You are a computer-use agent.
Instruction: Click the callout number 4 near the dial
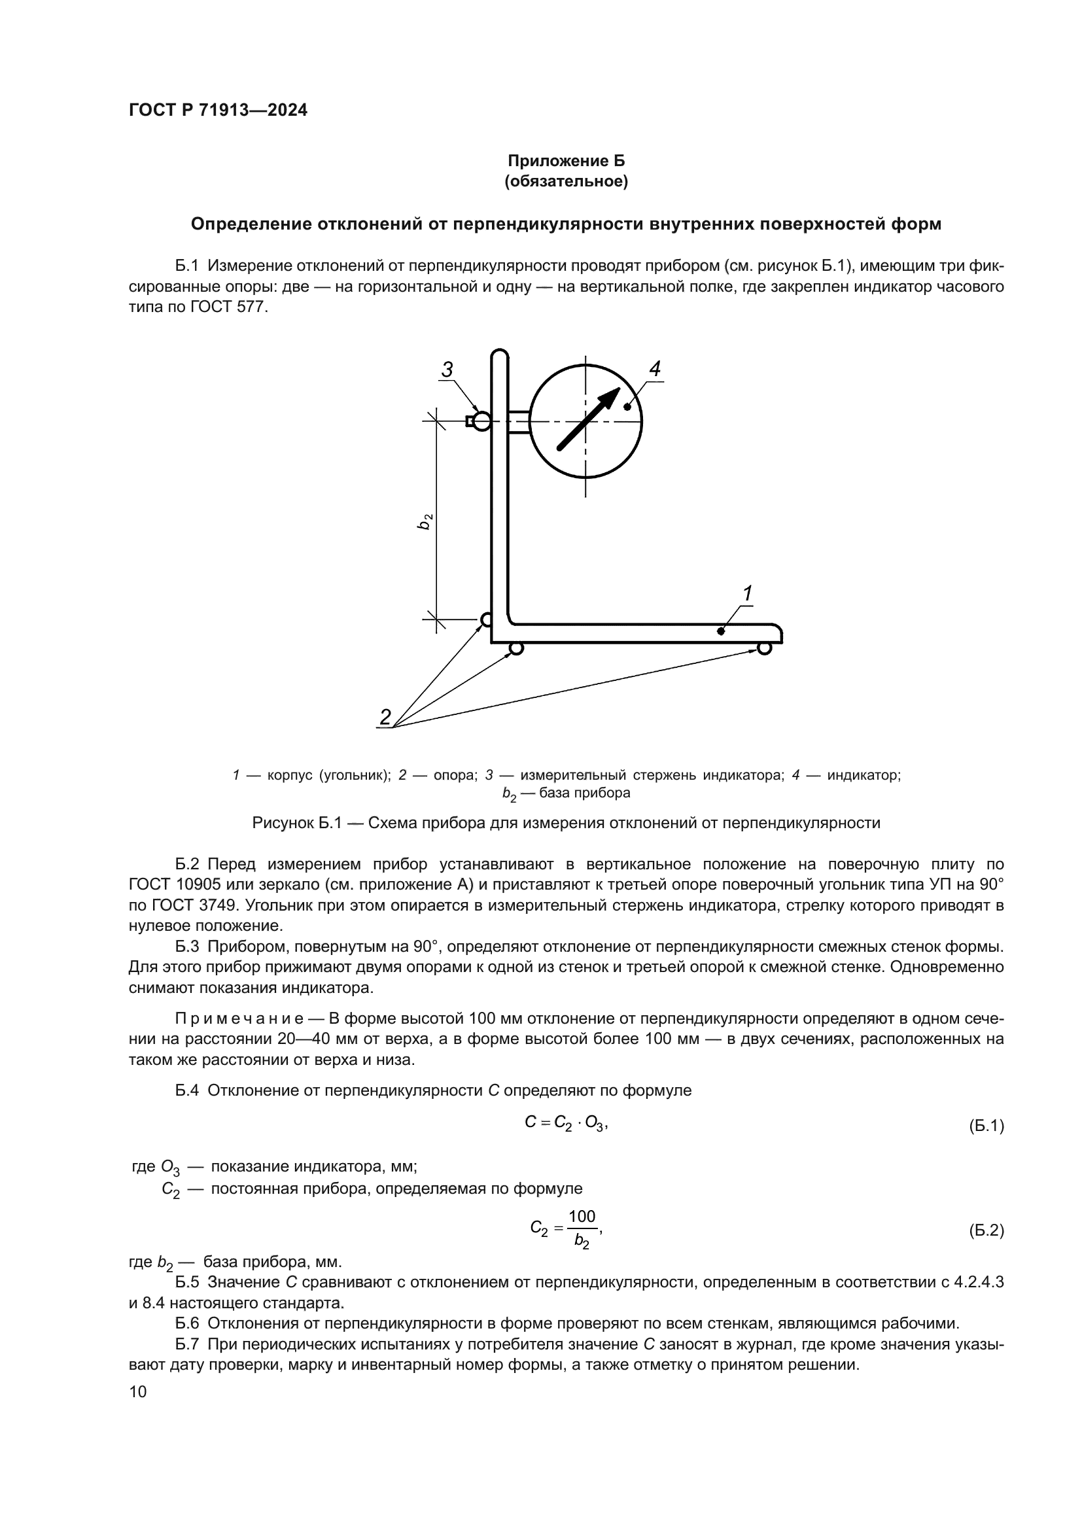655,368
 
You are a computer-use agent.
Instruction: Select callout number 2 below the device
385,717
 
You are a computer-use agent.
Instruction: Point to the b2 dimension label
425,521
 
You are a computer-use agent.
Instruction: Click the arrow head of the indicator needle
610,398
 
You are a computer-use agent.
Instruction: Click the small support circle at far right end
764,648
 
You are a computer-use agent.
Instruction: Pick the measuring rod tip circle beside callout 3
481,421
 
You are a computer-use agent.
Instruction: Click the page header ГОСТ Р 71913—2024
218,111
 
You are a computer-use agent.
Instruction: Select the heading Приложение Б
567,161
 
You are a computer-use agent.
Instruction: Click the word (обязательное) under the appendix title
567,181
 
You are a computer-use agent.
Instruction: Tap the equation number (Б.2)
986,1231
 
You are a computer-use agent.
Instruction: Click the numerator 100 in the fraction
582,1217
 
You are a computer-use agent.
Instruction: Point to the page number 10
138,1391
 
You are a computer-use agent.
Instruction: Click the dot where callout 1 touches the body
721,631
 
